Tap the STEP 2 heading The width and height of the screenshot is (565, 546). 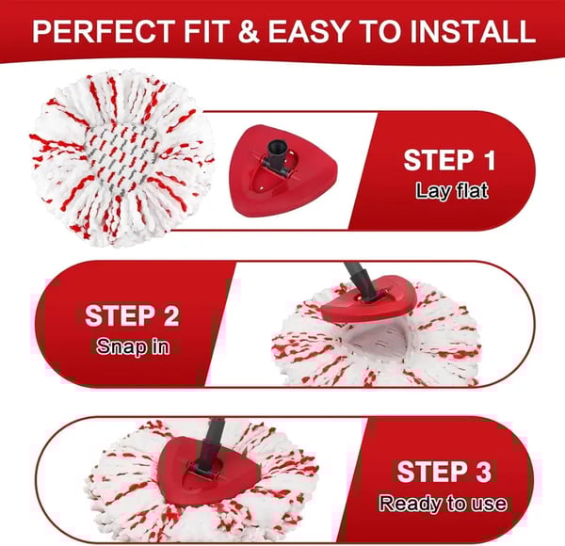coord(133,315)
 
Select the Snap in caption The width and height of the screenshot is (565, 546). coord(133,345)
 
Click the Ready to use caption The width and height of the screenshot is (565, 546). coord(442,503)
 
